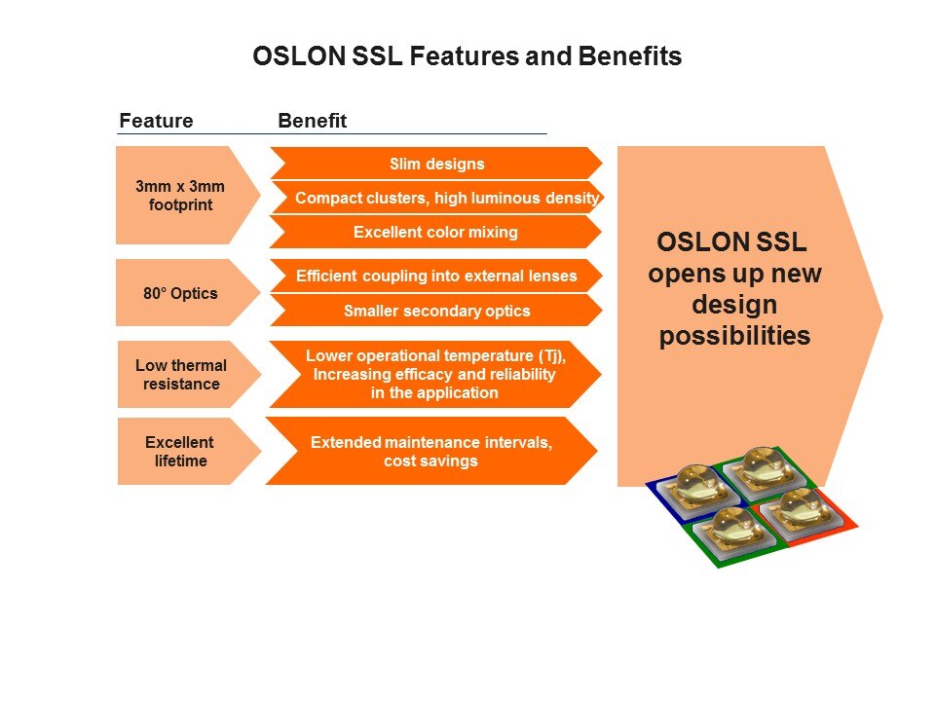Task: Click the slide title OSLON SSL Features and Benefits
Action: click(x=467, y=56)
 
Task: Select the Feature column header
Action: click(x=156, y=121)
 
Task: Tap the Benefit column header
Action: click(x=312, y=121)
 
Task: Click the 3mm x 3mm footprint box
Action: click(x=181, y=195)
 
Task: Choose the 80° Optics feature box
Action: click(x=181, y=292)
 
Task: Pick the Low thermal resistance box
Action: click(x=181, y=375)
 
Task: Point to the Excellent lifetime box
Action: click(x=181, y=451)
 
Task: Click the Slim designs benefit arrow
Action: click(x=435, y=164)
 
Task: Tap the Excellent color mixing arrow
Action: click(x=435, y=232)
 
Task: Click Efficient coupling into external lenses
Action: click(x=436, y=276)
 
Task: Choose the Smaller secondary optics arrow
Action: click(x=436, y=311)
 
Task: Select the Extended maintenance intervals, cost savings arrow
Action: click(x=430, y=451)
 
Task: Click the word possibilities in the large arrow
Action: click(x=734, y=337)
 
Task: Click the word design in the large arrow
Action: click(x=734, y=306)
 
